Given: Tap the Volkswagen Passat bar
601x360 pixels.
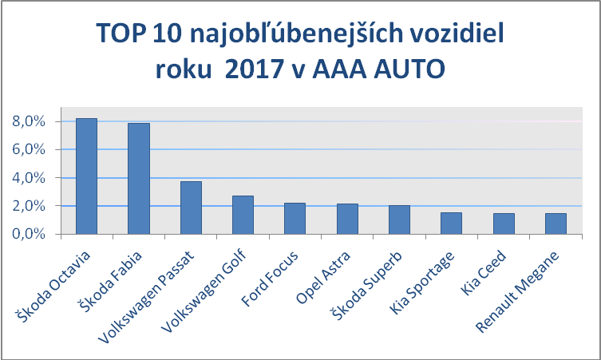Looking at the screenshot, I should click(191, 208).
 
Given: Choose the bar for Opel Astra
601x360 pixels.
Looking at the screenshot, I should click(347, 219).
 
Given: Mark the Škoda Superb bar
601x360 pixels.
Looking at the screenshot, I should click(399, 220).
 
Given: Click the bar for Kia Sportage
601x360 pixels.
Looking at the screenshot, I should click(451, 223).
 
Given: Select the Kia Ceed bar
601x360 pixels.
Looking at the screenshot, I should click(504, 224).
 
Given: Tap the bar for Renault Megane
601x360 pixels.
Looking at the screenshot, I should click(556, 224).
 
